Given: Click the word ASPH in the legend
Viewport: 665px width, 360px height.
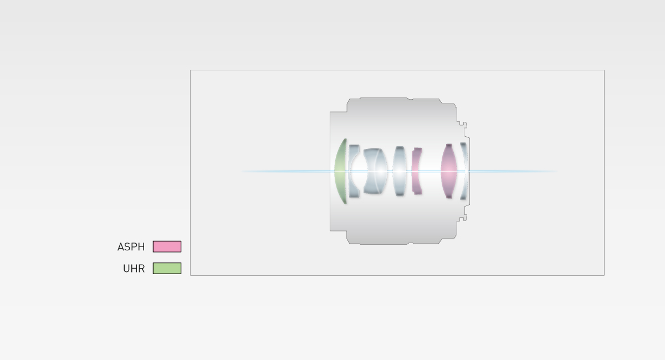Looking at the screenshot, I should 131,247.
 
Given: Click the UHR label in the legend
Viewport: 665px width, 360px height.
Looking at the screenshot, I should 134,269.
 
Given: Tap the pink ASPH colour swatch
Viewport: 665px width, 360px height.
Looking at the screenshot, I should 167,246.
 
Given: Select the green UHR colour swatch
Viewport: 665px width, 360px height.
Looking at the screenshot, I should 167,268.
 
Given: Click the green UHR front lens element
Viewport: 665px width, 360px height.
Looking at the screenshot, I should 340,171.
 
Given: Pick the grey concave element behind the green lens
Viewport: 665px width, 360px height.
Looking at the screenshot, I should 354,171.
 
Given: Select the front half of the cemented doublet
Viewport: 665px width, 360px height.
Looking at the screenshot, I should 370,171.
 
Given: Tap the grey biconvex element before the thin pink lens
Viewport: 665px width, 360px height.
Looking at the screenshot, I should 399,171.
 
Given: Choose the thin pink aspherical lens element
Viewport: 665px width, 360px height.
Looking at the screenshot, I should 416,171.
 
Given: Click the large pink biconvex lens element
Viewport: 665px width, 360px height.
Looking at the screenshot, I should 449,171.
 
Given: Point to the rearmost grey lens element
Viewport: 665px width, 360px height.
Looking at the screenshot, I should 464,171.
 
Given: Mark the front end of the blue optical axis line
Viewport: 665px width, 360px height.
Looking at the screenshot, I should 242,171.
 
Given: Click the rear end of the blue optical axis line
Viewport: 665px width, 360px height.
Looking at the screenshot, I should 556,171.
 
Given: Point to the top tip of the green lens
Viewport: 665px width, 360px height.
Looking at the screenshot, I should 345,140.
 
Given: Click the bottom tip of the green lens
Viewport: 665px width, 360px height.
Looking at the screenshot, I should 345,203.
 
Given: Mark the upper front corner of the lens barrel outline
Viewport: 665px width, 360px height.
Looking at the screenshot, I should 330,112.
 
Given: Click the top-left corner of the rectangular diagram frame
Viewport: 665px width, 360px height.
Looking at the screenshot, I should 191,70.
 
